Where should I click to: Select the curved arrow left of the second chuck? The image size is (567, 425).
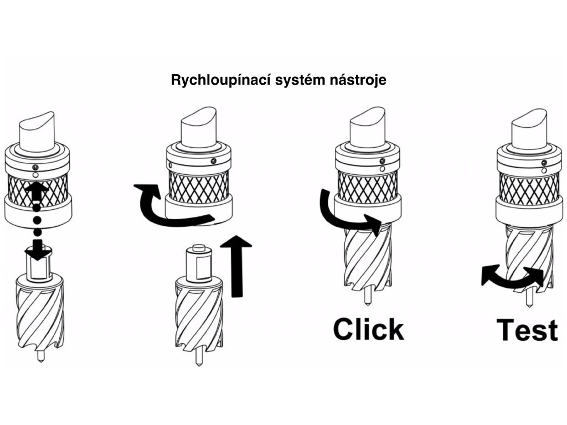coord(166,208)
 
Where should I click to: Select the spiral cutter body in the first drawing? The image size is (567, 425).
coord(40,315)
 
